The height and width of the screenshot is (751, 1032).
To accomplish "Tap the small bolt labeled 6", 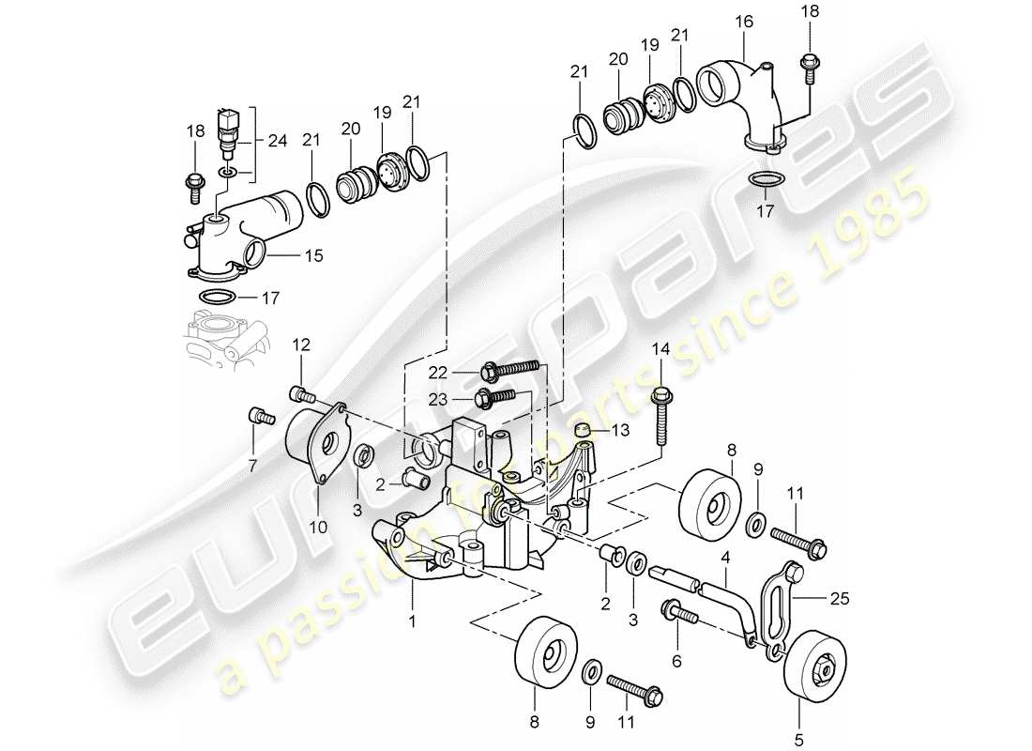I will [681, 615].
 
